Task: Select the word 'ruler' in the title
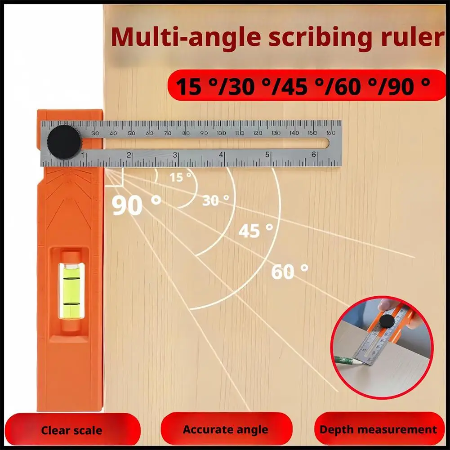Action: tap(412, 37)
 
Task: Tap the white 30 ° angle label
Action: tap(215, 200)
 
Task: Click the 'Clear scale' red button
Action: tap(72, 430)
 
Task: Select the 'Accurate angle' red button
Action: tap(226, 429)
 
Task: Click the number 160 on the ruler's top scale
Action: tap(330, 133)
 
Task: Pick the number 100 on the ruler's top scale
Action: tap(222, 133)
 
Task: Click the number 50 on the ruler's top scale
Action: tap(131, 133)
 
